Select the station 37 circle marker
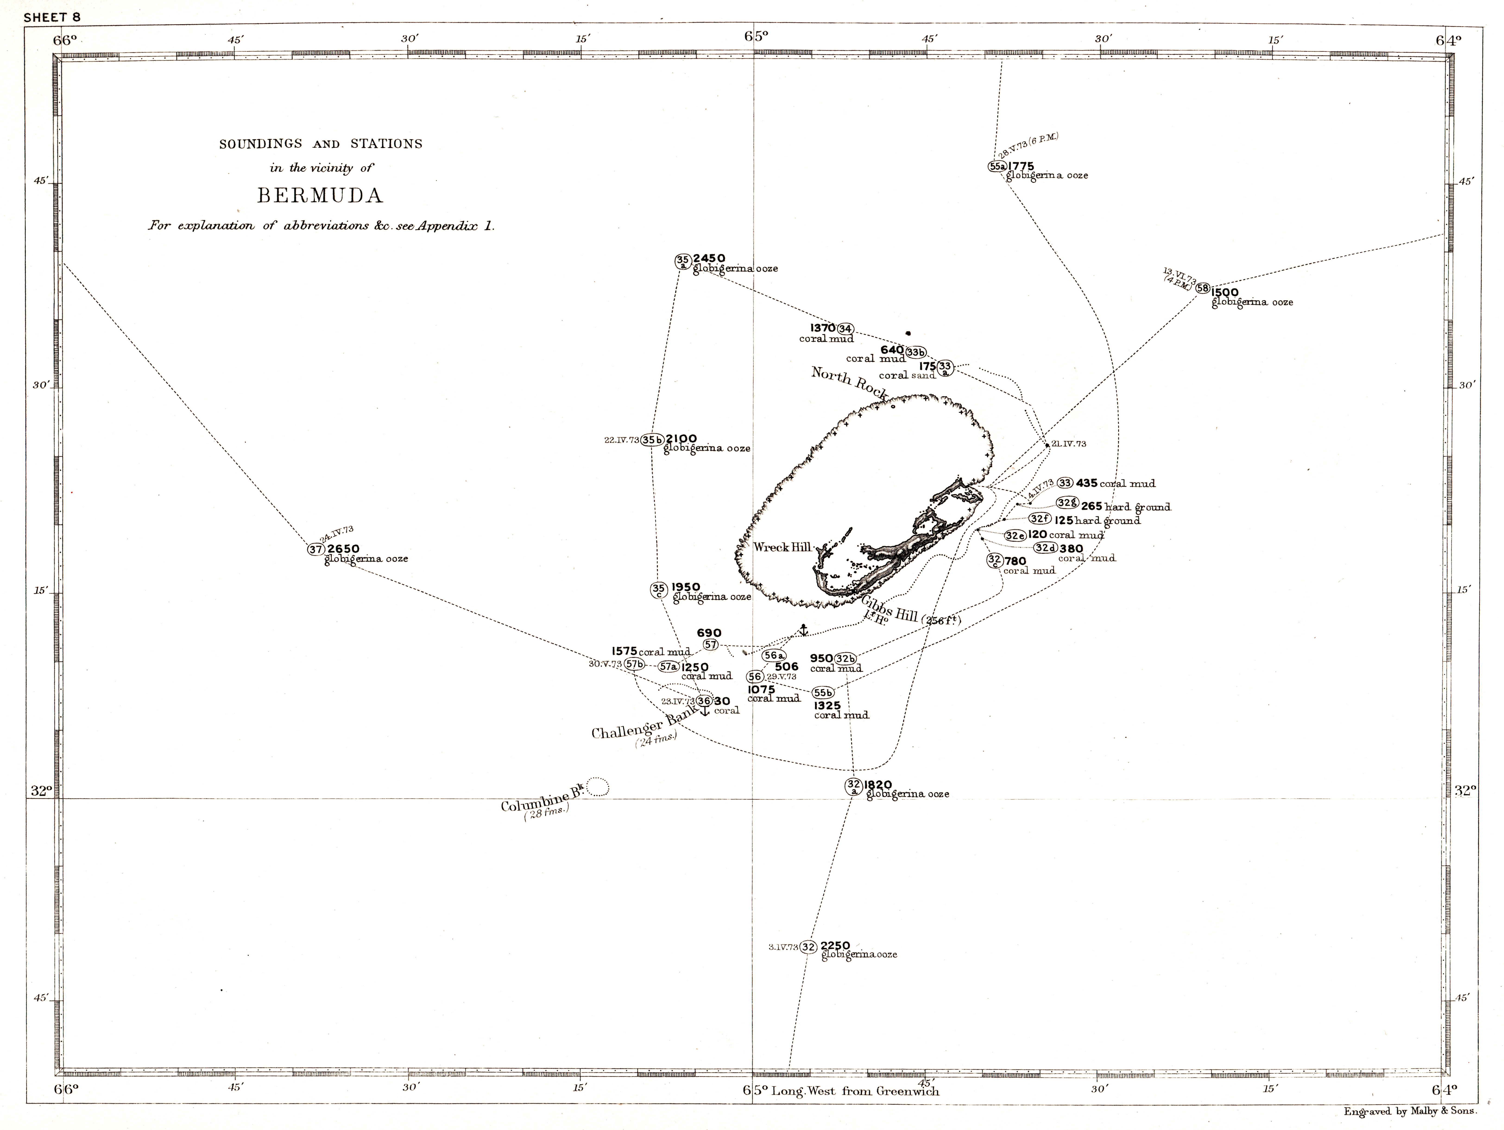click(315, 549)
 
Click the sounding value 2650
click(343, 548)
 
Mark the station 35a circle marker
click(683, 261)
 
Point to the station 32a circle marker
click(854, 786)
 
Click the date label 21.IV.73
click(1069, 444)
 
